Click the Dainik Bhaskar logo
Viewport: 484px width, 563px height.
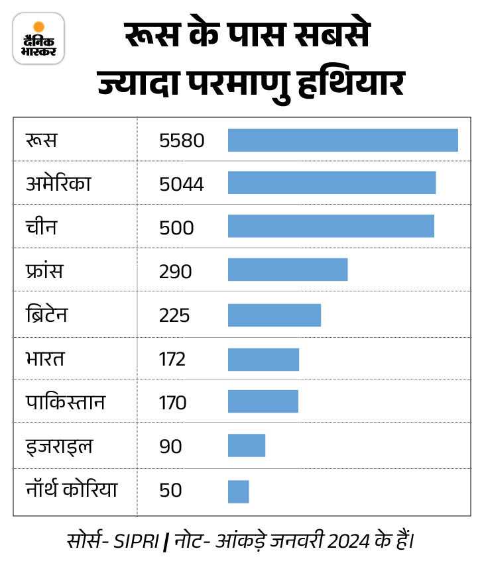pos(38,38)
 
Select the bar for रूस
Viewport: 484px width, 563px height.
pos(343,140)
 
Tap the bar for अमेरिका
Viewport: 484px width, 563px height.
pos(332,183)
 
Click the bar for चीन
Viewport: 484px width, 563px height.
pos(331,227)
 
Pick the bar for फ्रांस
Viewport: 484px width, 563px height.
pos(288,270)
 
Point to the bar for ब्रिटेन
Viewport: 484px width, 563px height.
pos(274,315)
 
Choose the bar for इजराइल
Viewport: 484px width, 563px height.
pos(247,445)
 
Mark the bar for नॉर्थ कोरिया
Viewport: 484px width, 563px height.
pos(238,491)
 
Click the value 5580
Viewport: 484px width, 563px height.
pos(182,140)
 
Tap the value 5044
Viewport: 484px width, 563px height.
pos(182,184)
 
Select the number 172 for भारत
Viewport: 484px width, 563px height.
pos(172,359)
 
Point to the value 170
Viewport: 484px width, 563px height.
pos(173,403)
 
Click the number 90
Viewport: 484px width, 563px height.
pos(170,446)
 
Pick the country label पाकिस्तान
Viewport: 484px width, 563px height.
pos(66,402)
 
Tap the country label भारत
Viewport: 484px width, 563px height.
pos(46,359)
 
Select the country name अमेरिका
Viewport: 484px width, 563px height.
pos(58,183)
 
